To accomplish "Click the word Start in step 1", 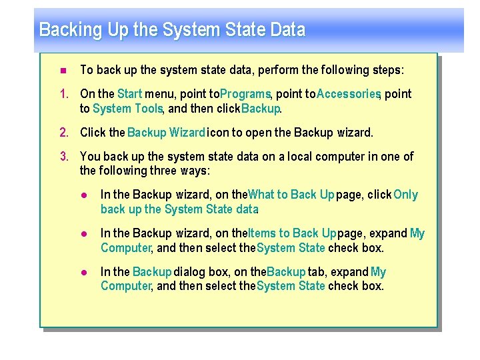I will pos(129,94).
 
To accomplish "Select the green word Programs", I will pos(245,94).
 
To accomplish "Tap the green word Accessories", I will pos(348,94).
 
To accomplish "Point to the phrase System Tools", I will pos(127,109).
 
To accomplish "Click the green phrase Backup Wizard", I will pos(166,133).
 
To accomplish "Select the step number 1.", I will pos(65,94).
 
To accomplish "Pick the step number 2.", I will pos(65,133).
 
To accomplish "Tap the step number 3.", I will pos(65,157).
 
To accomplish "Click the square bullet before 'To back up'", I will pos(63,71).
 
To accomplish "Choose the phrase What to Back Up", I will pos(291,195).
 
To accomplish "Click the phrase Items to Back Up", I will pos(292,233).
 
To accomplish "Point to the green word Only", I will pos(405,195).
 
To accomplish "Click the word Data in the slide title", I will pos(288,30).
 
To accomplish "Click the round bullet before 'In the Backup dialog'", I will pos(85,272).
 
